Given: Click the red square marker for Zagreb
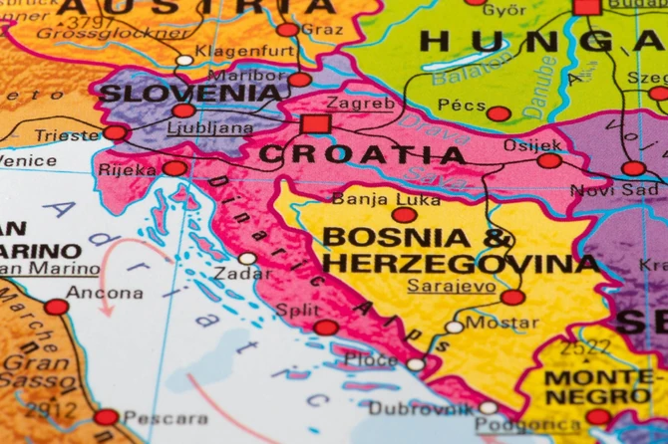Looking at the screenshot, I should tap(315, 123).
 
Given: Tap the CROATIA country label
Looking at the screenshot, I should tap(362, 155).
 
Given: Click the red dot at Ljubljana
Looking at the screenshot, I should tap(183, 111).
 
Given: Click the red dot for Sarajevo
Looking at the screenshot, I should tap(512, 297).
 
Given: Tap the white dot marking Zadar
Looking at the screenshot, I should tap(247, 259).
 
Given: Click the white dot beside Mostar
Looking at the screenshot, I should tap(455, 327).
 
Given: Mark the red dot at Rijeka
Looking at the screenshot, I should tap(174, 168).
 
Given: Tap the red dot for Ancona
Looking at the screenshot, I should tap(56, 307).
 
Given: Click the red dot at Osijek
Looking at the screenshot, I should tap(549, 160).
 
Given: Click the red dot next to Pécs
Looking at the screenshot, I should tap(499, 113).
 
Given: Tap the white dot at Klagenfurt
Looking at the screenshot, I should tap(184, 60).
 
